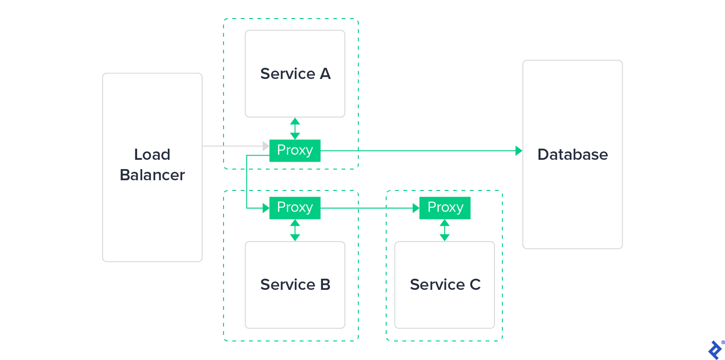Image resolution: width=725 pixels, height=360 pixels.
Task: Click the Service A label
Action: tap(295, 74)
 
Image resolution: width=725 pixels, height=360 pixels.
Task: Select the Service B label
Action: tap(295, 284)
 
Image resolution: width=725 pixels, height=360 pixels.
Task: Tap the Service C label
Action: tap(445, 284)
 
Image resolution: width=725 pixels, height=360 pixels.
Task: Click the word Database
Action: tap(573, 155)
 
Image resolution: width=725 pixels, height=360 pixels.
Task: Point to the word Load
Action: tap(152, 155)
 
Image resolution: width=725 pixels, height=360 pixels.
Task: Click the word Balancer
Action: tap(152, 175)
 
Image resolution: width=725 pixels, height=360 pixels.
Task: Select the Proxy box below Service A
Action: tap(295, 151)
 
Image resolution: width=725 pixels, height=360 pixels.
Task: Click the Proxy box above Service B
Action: tap(295, 208)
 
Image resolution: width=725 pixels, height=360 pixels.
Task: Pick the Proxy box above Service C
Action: tap(445, 208)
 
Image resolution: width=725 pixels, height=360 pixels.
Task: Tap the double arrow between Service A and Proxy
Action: tap(295, 129)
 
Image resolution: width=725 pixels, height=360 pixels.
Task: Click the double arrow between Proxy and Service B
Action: tap(295, 230)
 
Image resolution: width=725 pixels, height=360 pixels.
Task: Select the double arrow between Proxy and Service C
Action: tap(445, 230)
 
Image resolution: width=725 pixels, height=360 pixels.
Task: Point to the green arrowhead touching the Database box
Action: tap(519, 151)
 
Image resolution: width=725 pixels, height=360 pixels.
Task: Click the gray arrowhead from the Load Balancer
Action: tap(266, 146)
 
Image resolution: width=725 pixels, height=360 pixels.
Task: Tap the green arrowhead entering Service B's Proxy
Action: tap(266, 208)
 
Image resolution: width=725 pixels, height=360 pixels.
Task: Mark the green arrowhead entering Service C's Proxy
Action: tap(416, 208)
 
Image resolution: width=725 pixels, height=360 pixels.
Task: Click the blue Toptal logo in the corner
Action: tap(715, 349)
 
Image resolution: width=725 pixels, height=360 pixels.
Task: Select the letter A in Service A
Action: tap(325, 74)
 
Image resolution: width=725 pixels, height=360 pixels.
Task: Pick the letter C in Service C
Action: tap(475, 284)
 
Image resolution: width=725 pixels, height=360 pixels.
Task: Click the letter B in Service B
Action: tap(325, 284)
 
